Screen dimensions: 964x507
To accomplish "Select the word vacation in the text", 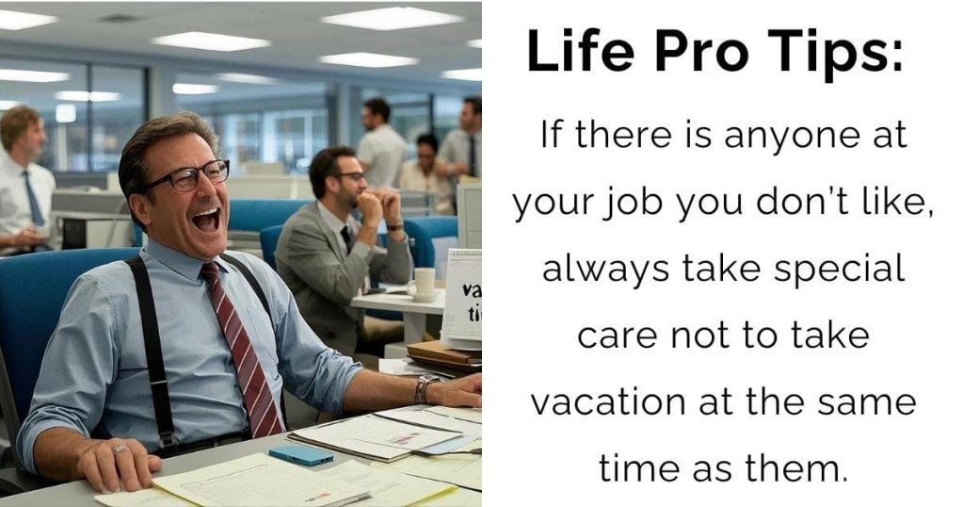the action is pos(608,401).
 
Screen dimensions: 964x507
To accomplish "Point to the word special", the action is pos(839,270).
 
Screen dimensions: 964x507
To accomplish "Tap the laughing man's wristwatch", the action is pos(425,389).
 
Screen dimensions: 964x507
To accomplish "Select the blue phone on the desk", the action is pos(301,455).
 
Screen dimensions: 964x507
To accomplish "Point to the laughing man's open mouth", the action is pos(206,220).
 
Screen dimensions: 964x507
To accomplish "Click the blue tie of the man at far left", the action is pos(33,198).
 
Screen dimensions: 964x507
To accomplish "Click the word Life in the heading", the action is pos(580,51).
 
